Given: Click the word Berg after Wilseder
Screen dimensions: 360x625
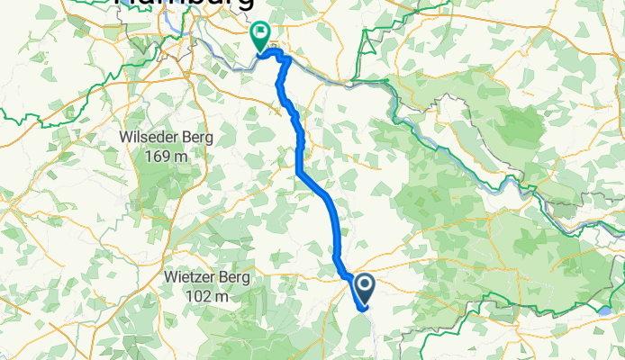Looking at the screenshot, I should (193, 138).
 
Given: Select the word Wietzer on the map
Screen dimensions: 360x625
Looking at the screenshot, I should (192, 279).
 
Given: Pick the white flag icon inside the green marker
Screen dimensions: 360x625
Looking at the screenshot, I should (261, 34).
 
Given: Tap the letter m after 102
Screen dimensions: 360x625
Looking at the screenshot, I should (222, 296).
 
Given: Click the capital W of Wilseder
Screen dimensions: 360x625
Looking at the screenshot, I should (126, 138).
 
